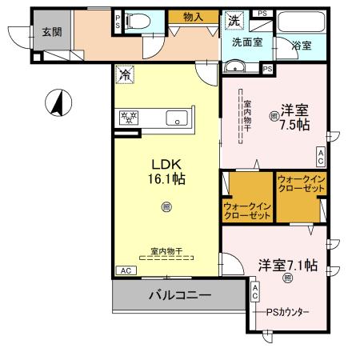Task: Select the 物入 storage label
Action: pos(192,16)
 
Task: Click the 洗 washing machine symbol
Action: pos(234,19)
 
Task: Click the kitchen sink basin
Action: pos(175,119)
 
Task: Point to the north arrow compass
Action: pos(57,102)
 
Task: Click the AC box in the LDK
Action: pos(125,271)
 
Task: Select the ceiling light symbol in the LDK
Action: pos(166,206)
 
